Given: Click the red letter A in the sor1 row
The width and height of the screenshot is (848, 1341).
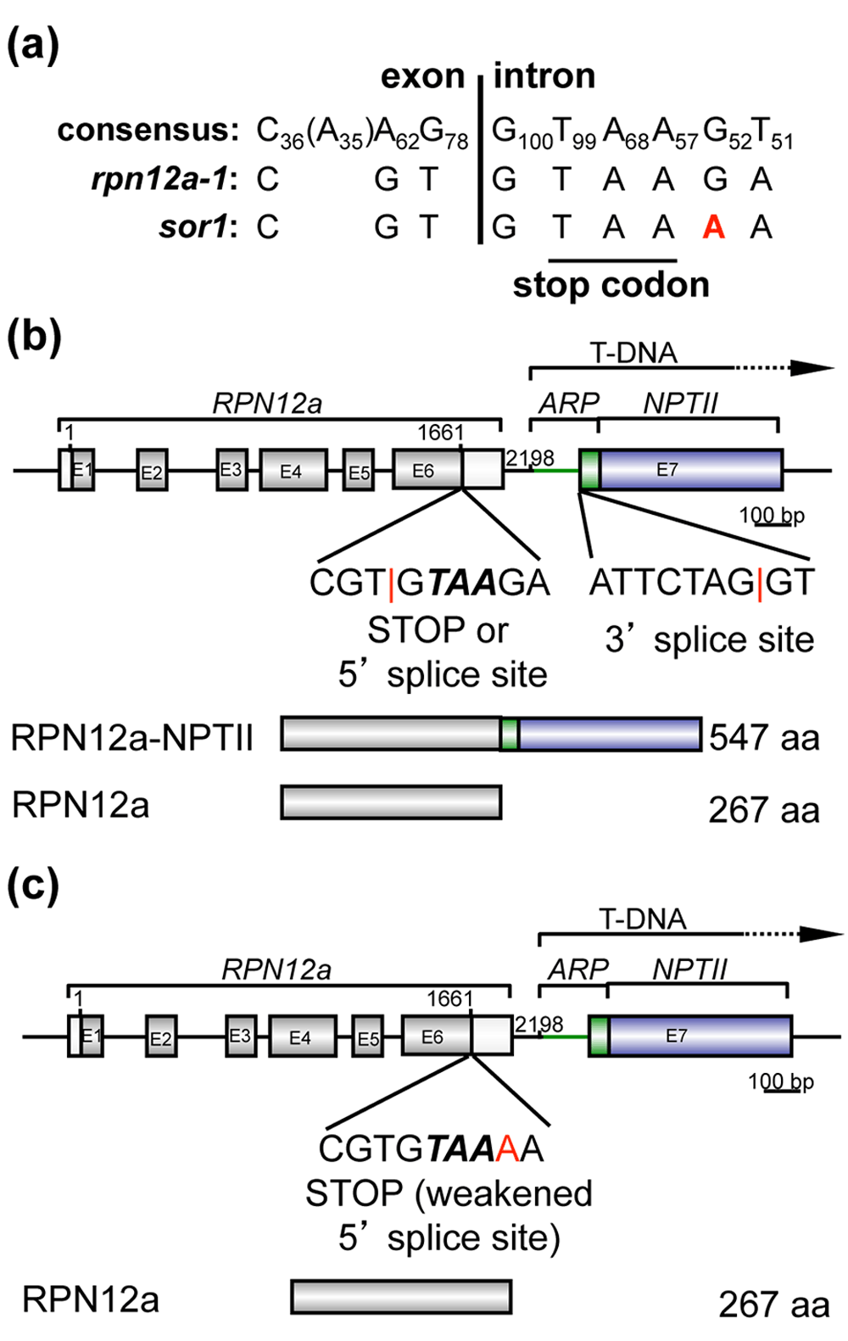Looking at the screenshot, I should (713, 227).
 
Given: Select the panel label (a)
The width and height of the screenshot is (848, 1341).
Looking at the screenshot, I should (33, 45).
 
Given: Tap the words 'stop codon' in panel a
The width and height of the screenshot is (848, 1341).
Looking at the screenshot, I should (611, 285).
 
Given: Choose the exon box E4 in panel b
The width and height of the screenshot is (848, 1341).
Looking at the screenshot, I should (293, 471).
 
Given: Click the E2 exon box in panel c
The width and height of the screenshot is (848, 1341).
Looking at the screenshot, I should (160, 1036).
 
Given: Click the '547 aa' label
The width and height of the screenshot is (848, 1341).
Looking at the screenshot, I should (764, 737).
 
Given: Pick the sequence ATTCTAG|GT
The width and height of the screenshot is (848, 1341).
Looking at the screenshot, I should (701, 583).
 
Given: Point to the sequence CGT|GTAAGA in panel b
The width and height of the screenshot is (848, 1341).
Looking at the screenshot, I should (429, 583).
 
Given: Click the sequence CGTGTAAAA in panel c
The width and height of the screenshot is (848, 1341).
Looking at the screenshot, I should (431, 1148).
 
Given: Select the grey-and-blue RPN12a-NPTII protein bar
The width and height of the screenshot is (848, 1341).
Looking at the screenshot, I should (491, 735).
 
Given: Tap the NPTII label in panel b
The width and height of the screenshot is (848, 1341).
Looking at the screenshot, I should (680, 404).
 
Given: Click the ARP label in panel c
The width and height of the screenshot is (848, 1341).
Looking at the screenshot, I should (578, 969).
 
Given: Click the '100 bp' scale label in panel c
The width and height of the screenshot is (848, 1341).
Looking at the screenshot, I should (780, 1081).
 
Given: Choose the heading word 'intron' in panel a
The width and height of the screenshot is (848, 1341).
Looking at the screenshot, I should (544, 76).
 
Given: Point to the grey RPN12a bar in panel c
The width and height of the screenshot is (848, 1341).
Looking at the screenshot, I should (401, 1297).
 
